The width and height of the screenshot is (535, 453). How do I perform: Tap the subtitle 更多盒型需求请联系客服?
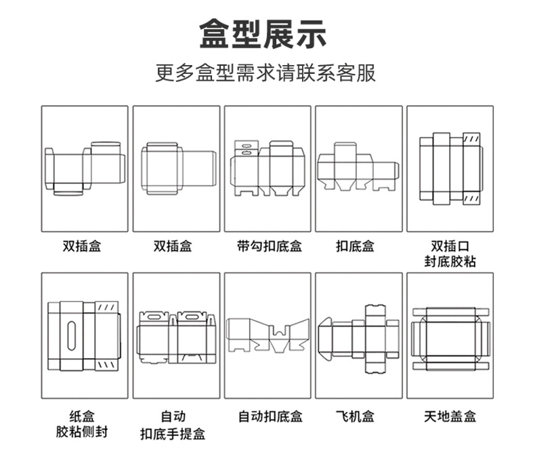[x=267, y=73]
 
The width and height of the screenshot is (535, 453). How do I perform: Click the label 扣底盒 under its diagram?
[x=358, y=245]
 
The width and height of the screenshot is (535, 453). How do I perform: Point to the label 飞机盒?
[x=358, y=416]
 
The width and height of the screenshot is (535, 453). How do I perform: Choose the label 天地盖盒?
[x=450, y=416]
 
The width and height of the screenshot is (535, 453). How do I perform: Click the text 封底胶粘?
[x=450, y=261]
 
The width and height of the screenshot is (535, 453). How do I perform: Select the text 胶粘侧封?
[x=84, y=431]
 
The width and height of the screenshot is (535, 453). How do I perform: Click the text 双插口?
[x=450, y=245]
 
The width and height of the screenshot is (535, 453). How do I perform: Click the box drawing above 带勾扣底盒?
[x=267, y=169]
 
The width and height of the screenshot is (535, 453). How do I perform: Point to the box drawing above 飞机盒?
[x=358, y=338]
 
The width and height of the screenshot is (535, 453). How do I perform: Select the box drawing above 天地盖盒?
[x=450, y=337]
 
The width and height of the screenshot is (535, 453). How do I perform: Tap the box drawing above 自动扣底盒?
[x=267, y=336]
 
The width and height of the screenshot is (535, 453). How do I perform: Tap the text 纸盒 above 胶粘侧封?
[x=84, y=415]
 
